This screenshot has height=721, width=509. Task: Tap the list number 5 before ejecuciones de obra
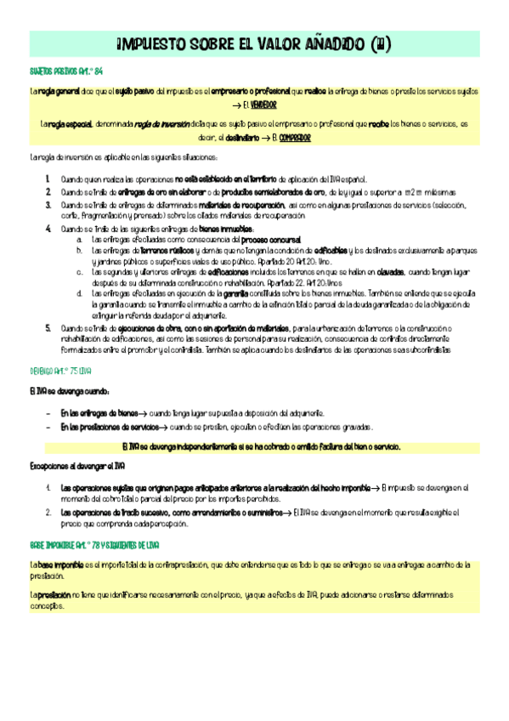[48, 327]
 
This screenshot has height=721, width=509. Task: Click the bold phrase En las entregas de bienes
[99, 413]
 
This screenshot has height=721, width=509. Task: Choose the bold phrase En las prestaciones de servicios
[110, 427]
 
